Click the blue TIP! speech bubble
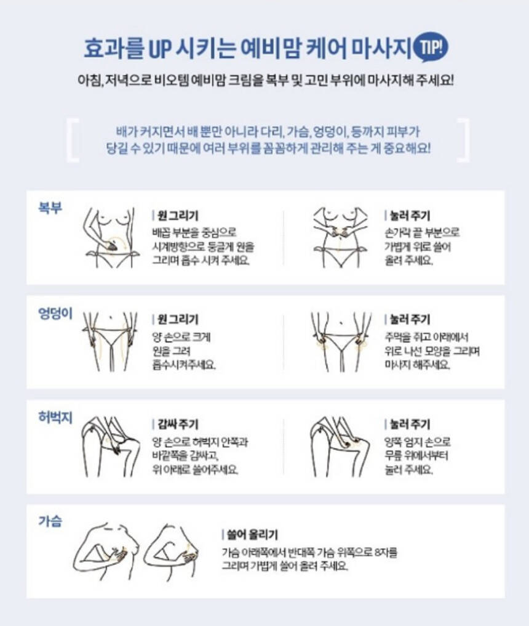point(431,47)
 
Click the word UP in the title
point(159,49)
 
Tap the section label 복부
point(50,208)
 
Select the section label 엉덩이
point(55,313)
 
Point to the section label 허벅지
point(55,417)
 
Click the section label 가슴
point(50,521)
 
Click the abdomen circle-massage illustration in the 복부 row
point(111,237)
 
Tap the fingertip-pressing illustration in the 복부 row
point(340,237)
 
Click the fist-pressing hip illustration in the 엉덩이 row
point(341,342)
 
